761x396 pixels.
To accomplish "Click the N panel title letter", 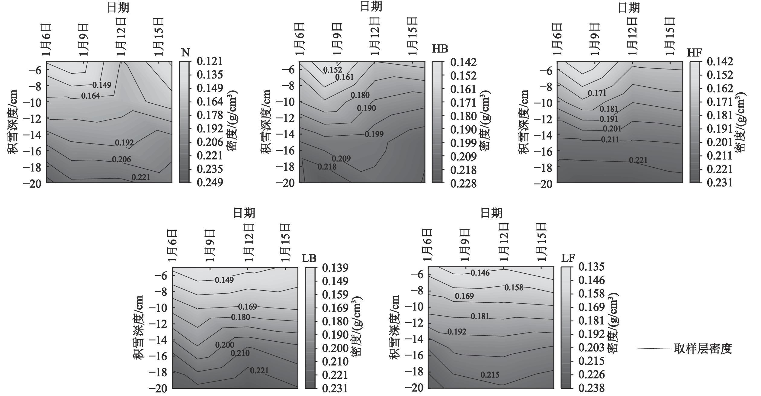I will (x=186, y=53).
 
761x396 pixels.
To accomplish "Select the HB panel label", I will (x=440, y=49).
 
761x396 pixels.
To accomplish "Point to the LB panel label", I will (x=309, y=258).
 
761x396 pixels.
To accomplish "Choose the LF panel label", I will (x=568, y=258).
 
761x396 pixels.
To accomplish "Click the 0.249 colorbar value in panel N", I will (x=210, y=182).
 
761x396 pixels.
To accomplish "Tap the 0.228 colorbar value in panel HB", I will (x=463, y=183).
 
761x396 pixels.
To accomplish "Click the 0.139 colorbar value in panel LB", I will (x=335, y=268).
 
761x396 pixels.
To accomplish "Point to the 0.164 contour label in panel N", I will (x=91, y=96).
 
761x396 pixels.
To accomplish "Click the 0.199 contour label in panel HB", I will (x=374, y=134).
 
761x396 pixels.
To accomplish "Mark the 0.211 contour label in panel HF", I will (x=610, y=140).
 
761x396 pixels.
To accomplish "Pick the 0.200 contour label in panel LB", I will (x=225, y=345).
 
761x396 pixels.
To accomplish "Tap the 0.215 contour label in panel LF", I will (x=490, y=375).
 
